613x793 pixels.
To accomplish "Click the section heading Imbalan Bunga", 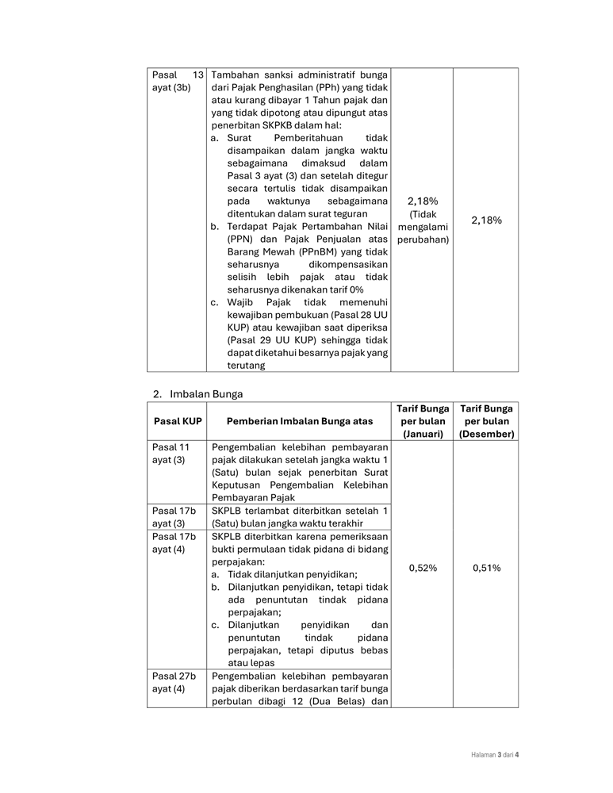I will (x=206, y=393).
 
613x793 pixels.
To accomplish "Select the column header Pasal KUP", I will (x=177, y=421).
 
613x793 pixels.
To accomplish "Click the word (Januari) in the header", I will (x=423, y=435).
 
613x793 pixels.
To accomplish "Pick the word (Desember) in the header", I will (x=486, y=435).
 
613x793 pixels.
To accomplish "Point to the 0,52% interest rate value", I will (x=423, y=568).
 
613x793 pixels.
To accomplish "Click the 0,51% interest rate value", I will (x=486, y=568).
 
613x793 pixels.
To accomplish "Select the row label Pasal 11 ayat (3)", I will (x=171, y=454).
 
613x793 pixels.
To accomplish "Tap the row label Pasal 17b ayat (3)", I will (x=174, y=517).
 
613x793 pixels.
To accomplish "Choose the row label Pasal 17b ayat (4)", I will (x=174, y=542).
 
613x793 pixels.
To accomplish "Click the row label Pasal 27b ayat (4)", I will (x=174, y=683).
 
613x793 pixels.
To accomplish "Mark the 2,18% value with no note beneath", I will (x=486, y=220).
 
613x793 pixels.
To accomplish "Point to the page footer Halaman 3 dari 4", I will (x=490, y=754).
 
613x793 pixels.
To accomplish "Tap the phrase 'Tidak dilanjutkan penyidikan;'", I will (x=292, y=574).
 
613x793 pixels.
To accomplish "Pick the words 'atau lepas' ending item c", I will (x=251, y=663).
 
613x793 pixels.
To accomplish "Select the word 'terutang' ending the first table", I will (x=247, y=366).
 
